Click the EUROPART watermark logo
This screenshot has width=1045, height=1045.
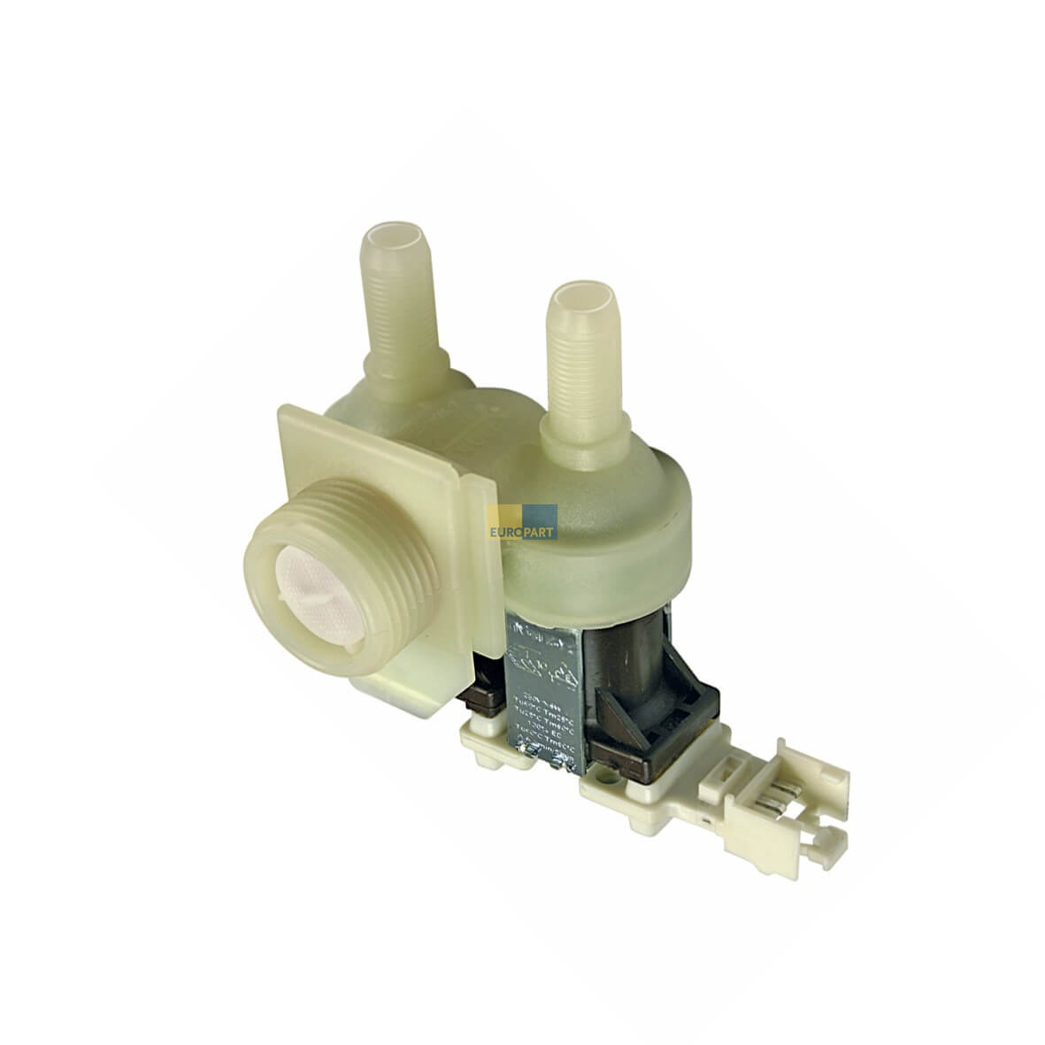[x=523, y=522]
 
